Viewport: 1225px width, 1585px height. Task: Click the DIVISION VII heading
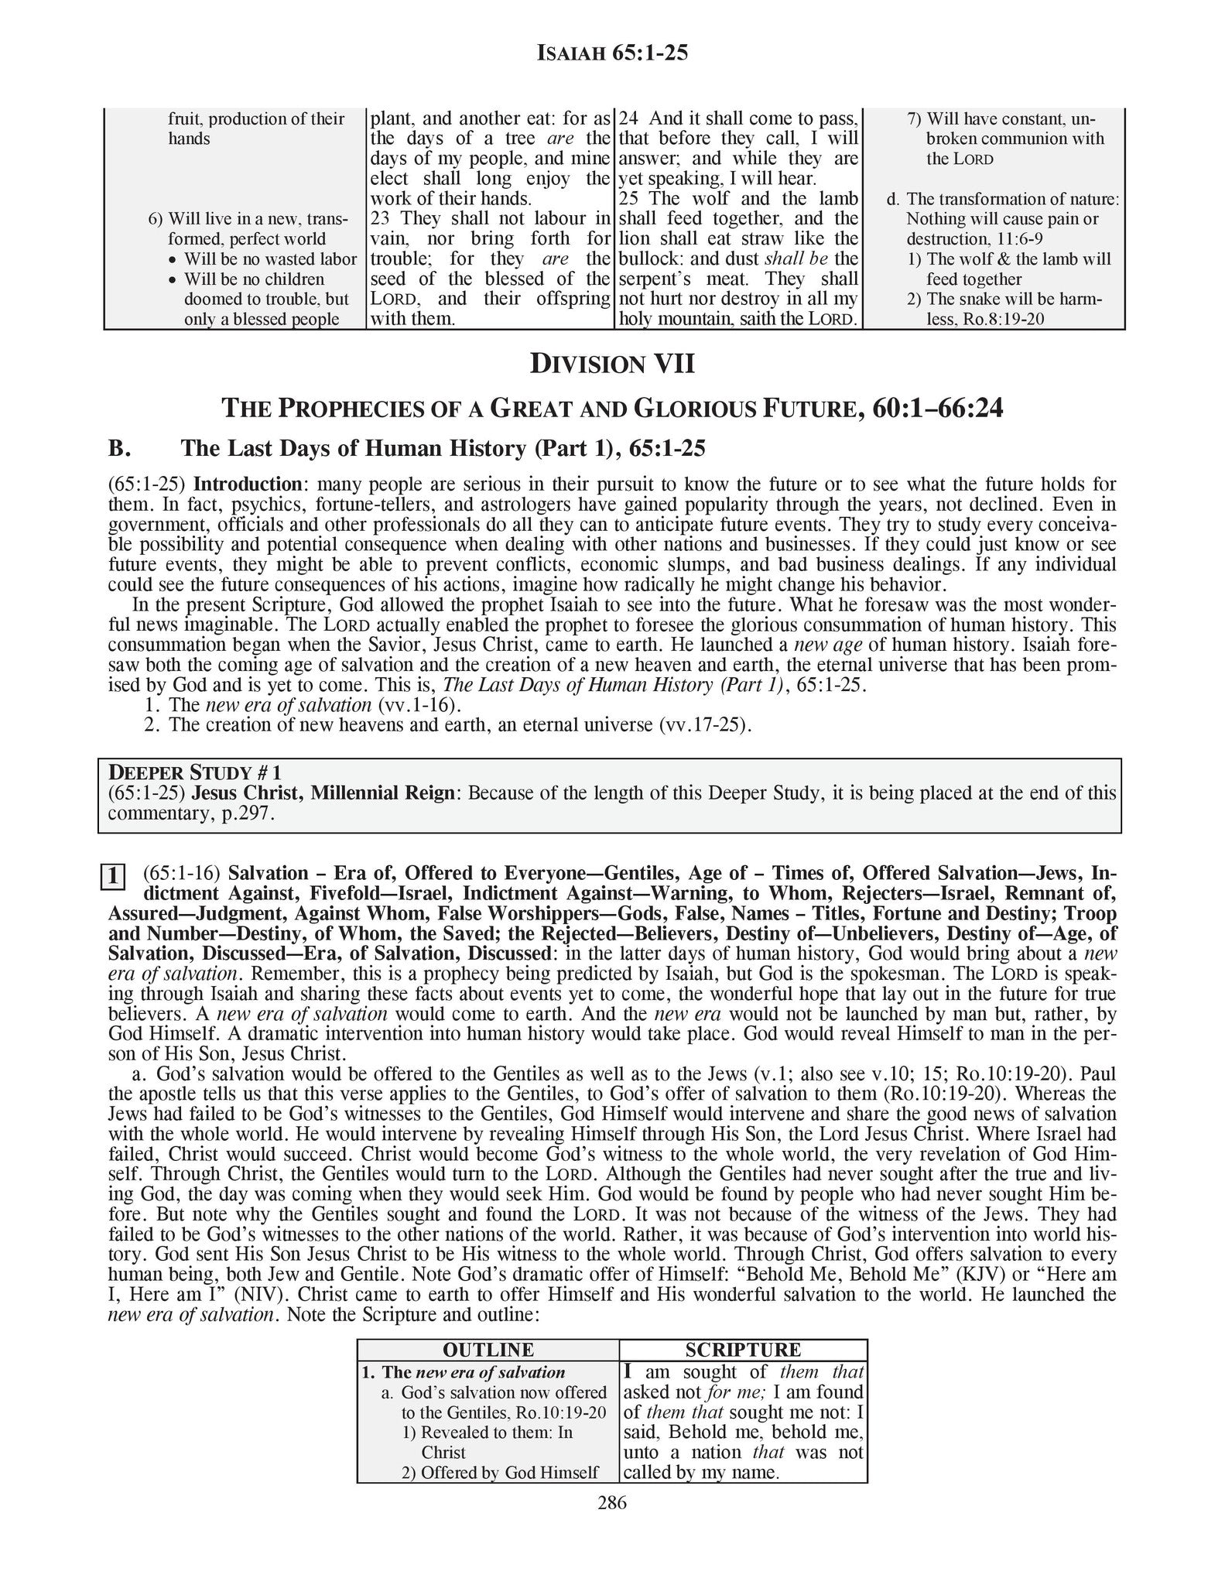point(612,364)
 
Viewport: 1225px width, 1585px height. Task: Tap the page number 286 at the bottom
point(612,1503)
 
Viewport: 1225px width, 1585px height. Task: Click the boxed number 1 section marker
point(113,877)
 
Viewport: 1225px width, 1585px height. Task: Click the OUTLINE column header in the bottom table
point(488,1350)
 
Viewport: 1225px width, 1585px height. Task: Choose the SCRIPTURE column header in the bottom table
point(743,1350)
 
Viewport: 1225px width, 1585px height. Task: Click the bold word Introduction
point(247,484)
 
